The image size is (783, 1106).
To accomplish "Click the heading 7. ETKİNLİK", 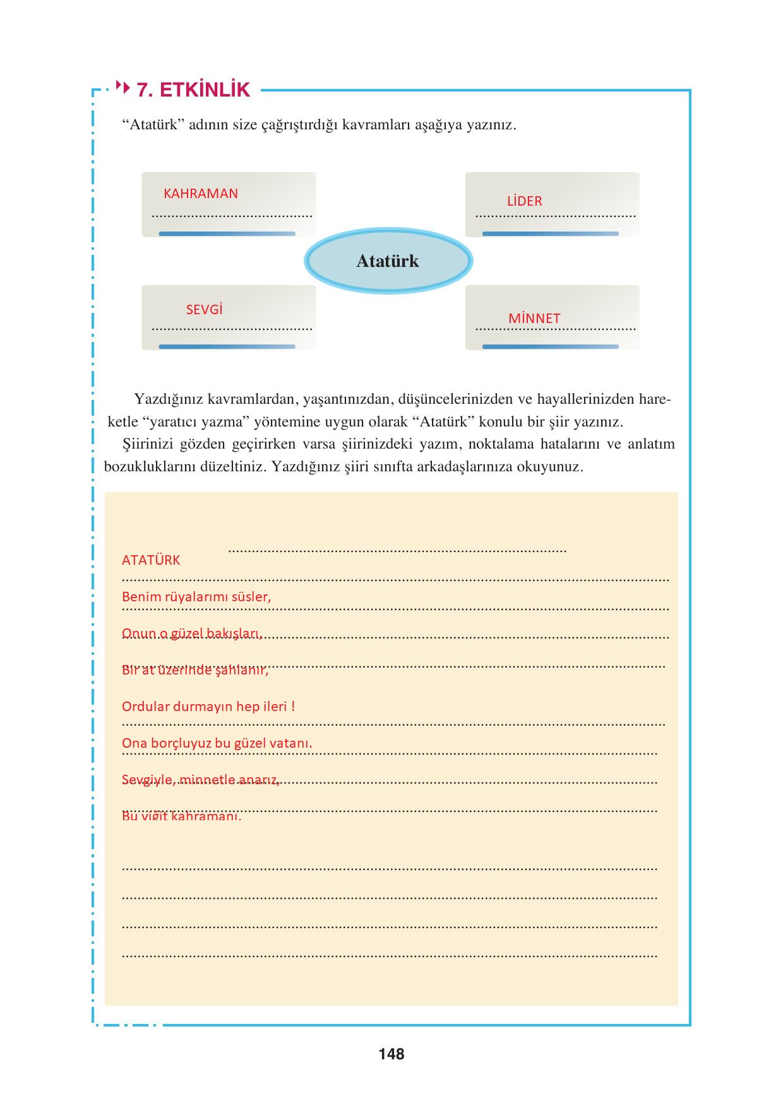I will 194,90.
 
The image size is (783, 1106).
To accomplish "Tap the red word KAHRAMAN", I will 201,194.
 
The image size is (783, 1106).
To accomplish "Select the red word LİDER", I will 524,201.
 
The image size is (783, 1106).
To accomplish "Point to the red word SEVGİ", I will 204,310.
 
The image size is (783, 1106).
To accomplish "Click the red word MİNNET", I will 534,319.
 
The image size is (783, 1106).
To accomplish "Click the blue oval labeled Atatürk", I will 388,261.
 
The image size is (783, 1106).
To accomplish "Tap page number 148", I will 391,1054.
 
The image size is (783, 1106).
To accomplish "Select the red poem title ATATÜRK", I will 151,560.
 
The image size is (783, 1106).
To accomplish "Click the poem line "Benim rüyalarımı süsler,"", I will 196,597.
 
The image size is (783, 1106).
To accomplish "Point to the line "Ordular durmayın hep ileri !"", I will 208,707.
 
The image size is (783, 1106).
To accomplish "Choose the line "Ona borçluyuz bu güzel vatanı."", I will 217,743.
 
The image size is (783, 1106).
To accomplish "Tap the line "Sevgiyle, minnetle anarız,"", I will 201,780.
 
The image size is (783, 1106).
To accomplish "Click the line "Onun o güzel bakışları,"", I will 192,633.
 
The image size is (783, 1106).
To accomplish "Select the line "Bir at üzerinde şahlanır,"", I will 195,670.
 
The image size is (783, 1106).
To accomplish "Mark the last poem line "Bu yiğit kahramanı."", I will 182,816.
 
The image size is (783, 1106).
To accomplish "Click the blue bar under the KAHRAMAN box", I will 227,234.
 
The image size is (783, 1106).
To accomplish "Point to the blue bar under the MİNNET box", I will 551,347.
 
